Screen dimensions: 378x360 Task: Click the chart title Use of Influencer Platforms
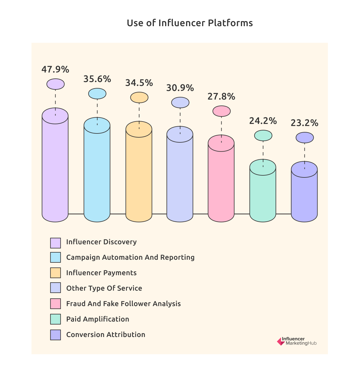coord(190,23)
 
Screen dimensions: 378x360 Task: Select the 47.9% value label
coord(55,70)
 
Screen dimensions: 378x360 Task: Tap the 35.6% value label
coord(97,79)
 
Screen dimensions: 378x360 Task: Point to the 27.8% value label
coord(221,97)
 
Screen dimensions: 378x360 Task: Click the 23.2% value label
coord(304,123)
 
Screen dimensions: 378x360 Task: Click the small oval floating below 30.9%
coord(180,103)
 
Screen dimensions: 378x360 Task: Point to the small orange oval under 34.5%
coord(139,97)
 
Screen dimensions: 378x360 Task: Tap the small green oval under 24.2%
coord(263,136)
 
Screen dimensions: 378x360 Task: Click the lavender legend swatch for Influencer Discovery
coord(56,243)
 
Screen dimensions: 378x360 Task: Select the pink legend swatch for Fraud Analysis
coord(56,304)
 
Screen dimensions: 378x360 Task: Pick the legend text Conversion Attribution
coord(106,335)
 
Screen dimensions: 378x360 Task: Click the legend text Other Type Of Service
coord(104,288)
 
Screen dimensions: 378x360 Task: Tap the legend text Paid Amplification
coord(98,319)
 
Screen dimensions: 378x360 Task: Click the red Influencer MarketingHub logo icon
coord(280,341)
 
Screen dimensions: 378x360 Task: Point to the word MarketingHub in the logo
coord(301,344)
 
